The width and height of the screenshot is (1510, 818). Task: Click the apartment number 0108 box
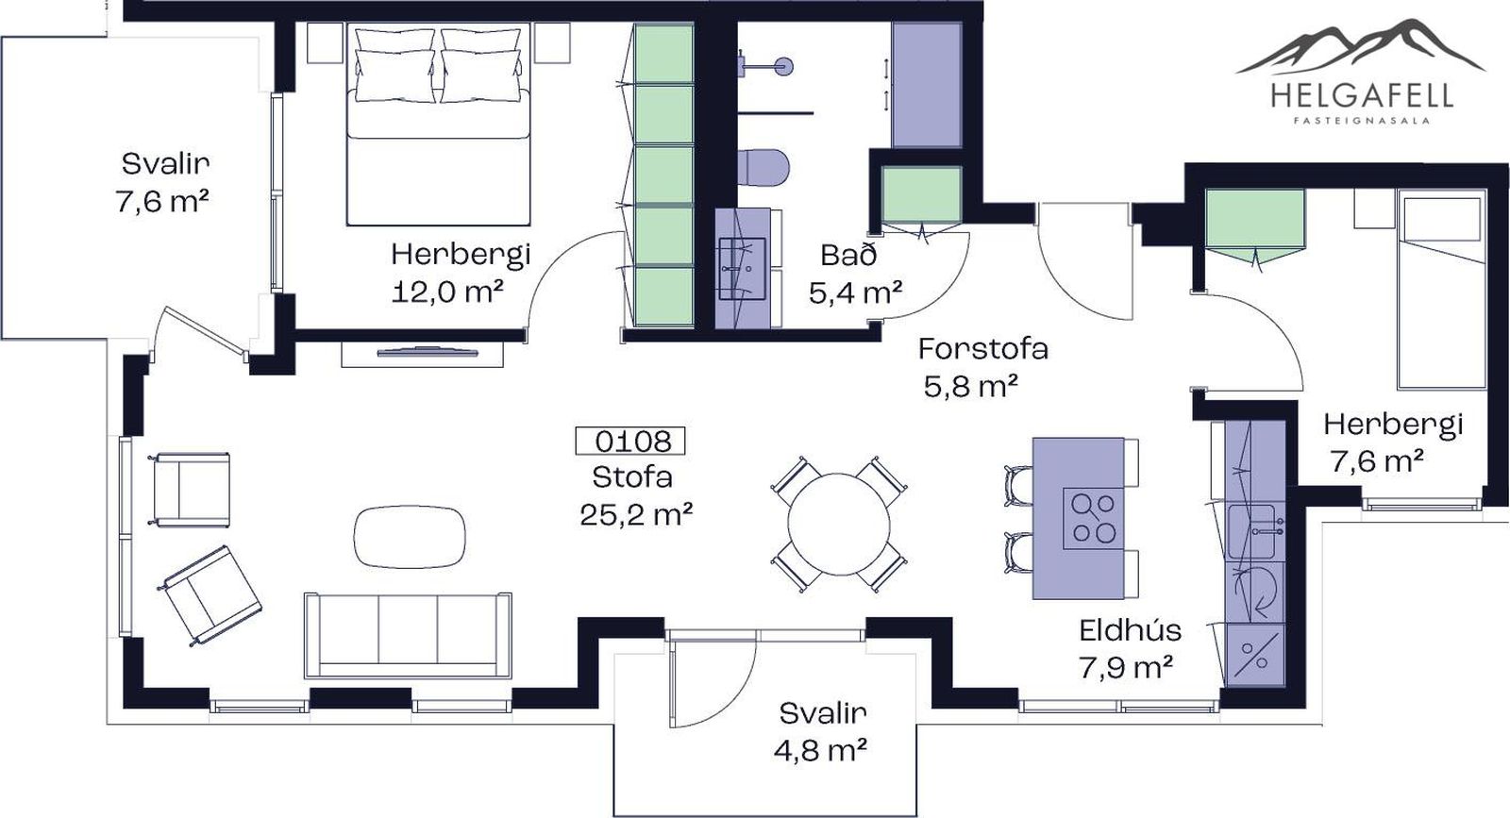click(x=629, y=442)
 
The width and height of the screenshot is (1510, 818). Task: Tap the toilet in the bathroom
click(x=763, y=167)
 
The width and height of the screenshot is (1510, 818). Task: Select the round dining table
click(x=839, y=525)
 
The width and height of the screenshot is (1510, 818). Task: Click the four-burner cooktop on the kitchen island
click(x=1094, y=517)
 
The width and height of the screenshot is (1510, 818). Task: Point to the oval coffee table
click(x=410, y=536)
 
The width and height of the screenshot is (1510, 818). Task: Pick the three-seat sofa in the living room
click(x=408, y=635)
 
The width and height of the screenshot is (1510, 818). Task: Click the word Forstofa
click(x=982, y=349)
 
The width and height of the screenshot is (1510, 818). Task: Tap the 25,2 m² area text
click(x=636, y=515)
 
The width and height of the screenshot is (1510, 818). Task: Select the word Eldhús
click(x=1131, y=630)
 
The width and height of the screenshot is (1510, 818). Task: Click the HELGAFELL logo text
click(x=1362, y=95)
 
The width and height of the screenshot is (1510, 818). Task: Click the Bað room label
click(x=848, y=256)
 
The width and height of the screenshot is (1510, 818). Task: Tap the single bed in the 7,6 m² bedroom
click(x=1443, y=289)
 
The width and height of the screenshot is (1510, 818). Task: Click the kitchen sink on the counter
click(x=1252, y=531)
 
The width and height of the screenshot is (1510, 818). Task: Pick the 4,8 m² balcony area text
click(x=820, y=750)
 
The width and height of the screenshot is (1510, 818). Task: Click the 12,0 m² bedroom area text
click(x=447, y=292)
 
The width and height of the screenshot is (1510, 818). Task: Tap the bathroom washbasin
click(x=742, y=268)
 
